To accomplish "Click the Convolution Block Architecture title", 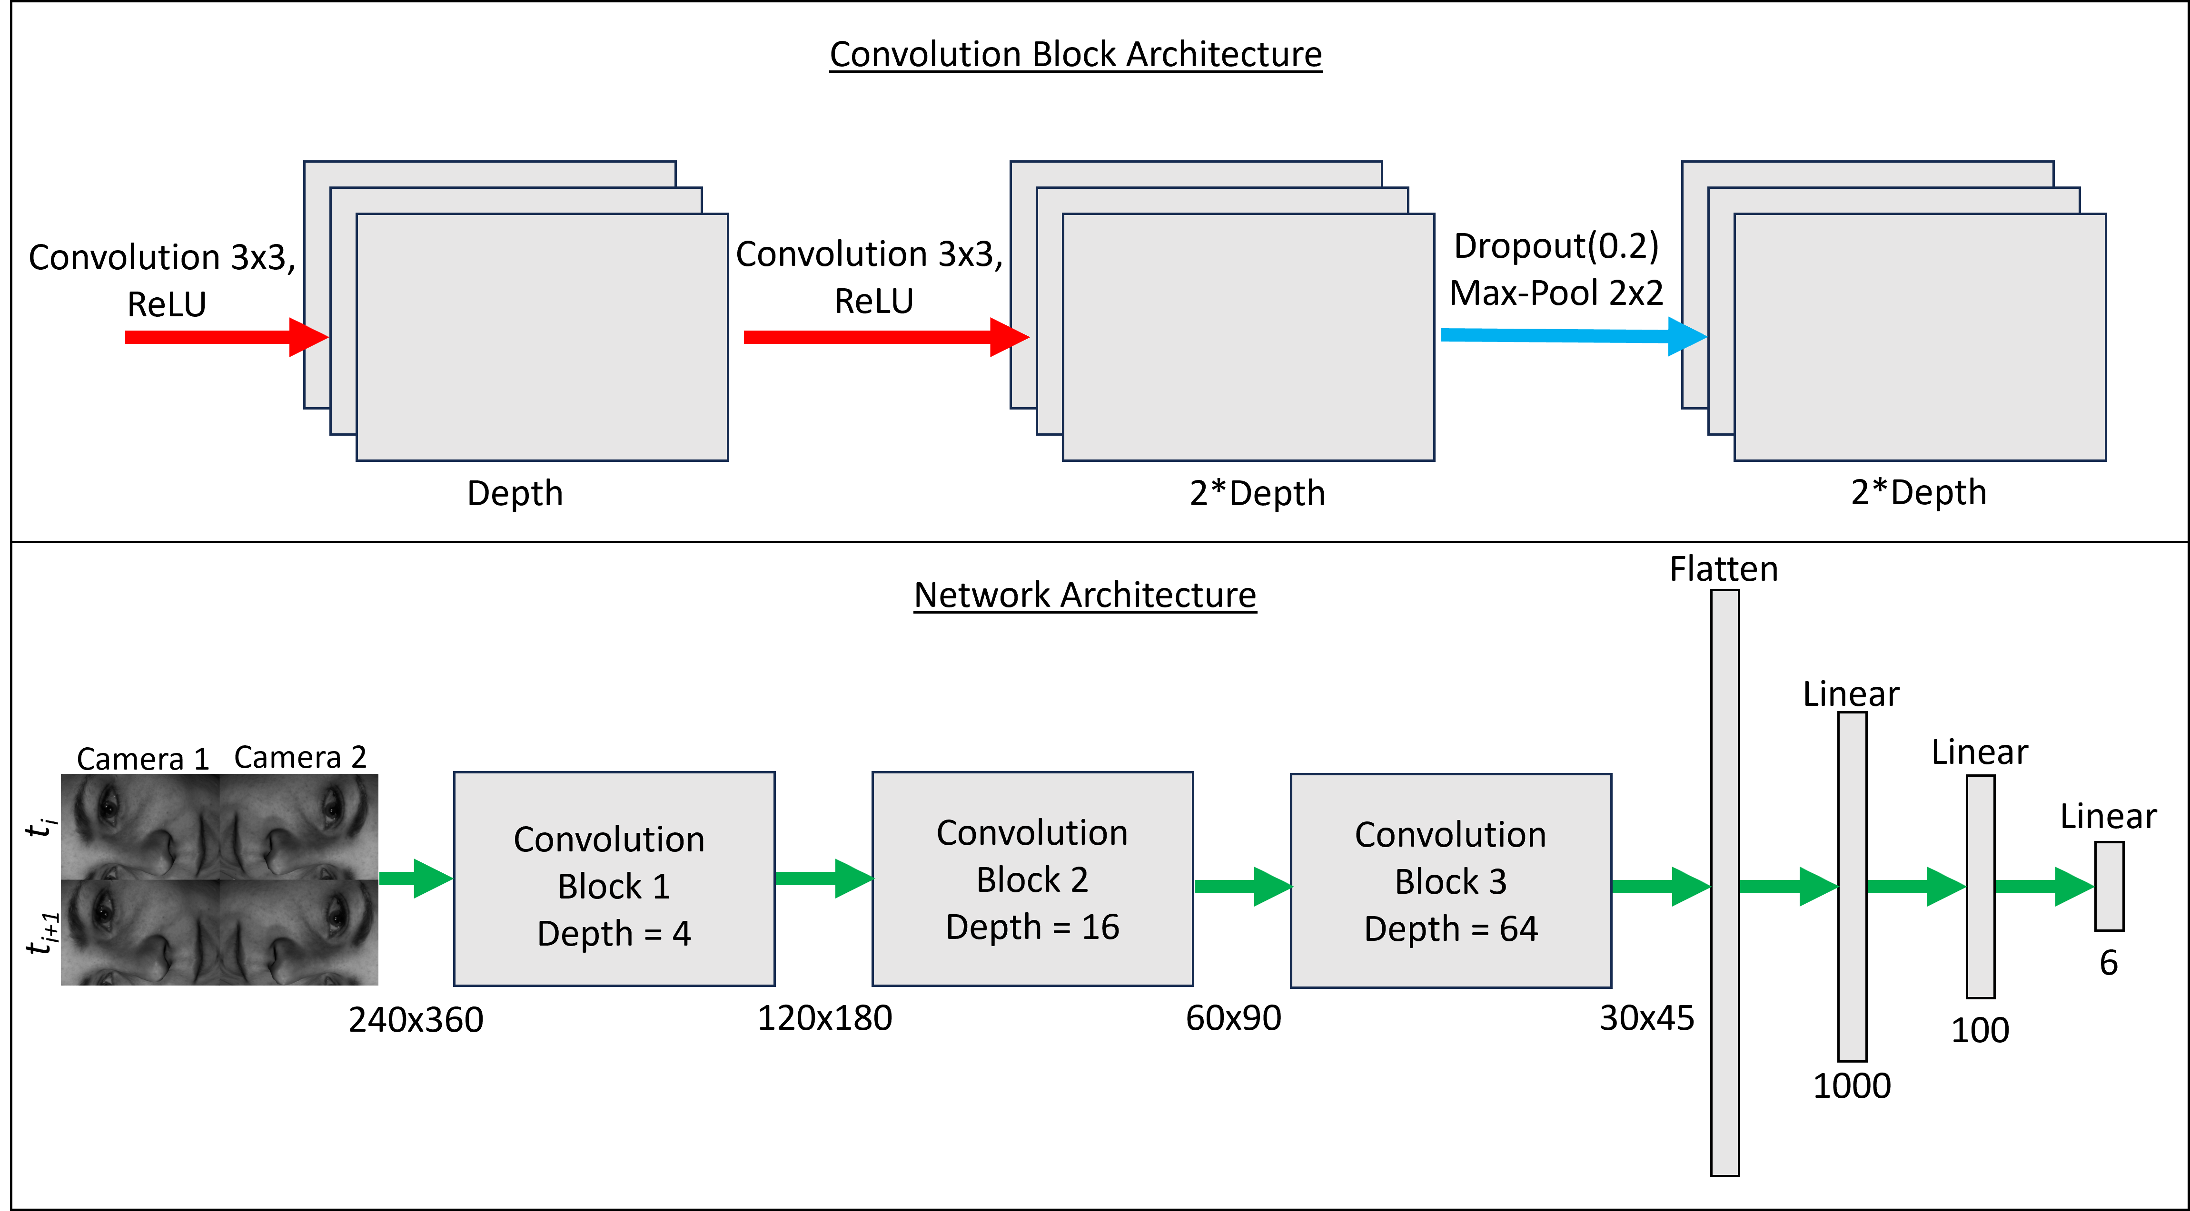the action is (1075, 54).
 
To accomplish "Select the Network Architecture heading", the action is (1085, 595).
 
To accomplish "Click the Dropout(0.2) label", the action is (1556, 246).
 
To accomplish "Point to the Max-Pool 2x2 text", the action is (1556, 293).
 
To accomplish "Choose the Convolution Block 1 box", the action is (614, 879).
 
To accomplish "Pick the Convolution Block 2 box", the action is (1032, 879).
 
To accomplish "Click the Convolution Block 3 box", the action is (1450, 880).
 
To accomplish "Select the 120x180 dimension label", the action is (825, 1018).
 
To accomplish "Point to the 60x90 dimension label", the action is (1234, 1018).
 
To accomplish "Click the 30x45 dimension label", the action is (1647, 1018).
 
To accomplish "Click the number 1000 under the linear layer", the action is (1852, 1086).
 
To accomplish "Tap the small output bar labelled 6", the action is (2109, 886).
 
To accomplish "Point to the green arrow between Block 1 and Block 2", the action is (824, 879).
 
